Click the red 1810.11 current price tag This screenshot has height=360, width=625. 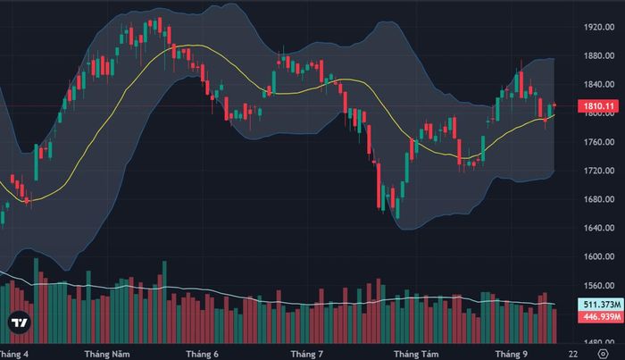(x=598, y=106)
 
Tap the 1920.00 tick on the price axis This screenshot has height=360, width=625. (x=599, y=27)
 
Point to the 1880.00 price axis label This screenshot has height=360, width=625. (x=599, y=55)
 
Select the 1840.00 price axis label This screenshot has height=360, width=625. (x=599, y=85)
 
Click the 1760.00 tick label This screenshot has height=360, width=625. (x=599, y=142)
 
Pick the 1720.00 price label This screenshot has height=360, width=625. (x=599, y=171)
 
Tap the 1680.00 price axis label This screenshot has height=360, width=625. (x=599, y=199)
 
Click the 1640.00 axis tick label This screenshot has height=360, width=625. (x=599, y=228)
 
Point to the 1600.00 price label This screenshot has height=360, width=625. (x=599, y=256)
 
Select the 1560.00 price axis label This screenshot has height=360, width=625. (x=599, y=286)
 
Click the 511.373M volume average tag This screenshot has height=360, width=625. (x=601, y=305)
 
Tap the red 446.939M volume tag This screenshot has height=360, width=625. (x=601, y=317)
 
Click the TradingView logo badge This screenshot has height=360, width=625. (x=19, y=322)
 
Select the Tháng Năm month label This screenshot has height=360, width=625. (x=107, y=354)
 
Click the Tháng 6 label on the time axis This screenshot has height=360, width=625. (x=202, y=354)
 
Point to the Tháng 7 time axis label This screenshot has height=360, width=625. (x=307, y=354)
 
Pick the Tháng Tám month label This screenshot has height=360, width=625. (x=416, y=354)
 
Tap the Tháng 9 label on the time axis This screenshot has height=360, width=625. (x=511, y=354)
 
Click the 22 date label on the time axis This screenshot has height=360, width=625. (x=573, y=354)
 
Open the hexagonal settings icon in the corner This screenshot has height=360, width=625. (x=604, y=354)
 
